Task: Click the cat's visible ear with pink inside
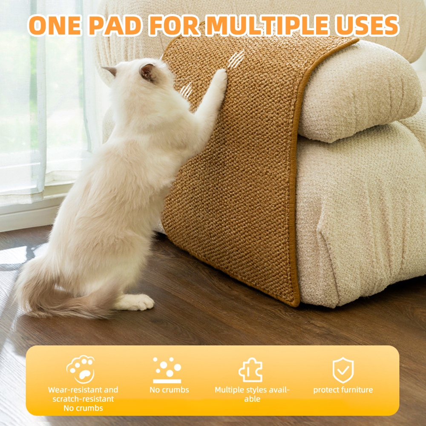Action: click(x=147, y=72)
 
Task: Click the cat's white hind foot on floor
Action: click(x=136, y=302)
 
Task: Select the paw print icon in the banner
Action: click(x=81, y=369)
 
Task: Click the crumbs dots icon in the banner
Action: click(x=167, y=369)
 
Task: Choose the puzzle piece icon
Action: click(x=250, y=370)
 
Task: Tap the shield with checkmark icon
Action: click(x=343, y=370)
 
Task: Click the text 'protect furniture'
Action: click(x=343, y=390)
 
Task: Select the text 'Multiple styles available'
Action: click(x=252, y=394)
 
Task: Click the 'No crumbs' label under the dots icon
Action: click(x=169, y=390)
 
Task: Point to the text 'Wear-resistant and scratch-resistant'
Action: click(x=83, y=394)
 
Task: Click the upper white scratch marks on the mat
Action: click(x=236, y=60)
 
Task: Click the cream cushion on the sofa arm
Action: click(x=358, y=92)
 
